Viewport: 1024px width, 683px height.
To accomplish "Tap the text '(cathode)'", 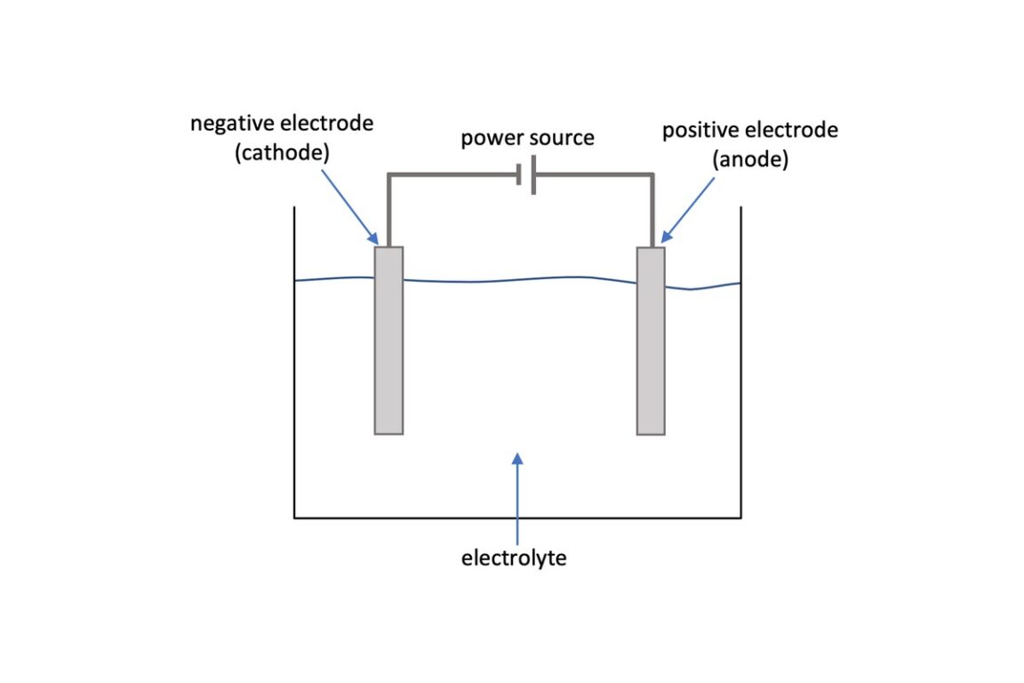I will (283, 152).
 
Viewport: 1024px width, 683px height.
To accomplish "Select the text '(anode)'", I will (749, 160).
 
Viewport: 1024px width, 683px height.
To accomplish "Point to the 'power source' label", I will (527, 139).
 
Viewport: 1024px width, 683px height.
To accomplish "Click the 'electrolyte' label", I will (514, 558).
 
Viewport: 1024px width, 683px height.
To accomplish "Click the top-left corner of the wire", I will (388, 176).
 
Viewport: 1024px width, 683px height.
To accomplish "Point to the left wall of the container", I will (294, 374).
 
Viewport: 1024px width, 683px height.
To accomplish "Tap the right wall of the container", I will (740, 374).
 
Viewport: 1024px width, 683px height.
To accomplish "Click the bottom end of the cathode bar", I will (388, 432).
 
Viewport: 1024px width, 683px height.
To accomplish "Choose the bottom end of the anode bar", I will (651, 433).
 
